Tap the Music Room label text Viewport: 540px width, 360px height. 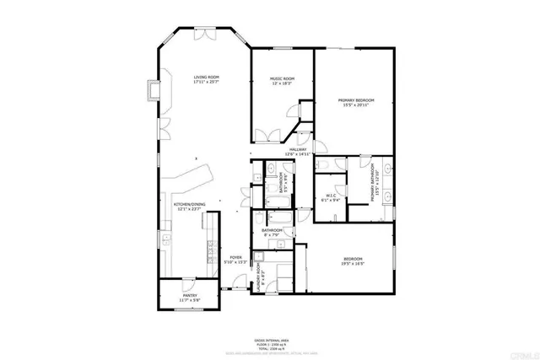tap(282, 80)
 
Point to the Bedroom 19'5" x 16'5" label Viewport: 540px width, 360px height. tap(352, 261)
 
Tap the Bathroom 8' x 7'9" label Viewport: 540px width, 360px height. tap(272, 232)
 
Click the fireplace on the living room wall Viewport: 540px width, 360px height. tap(152, 90)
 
